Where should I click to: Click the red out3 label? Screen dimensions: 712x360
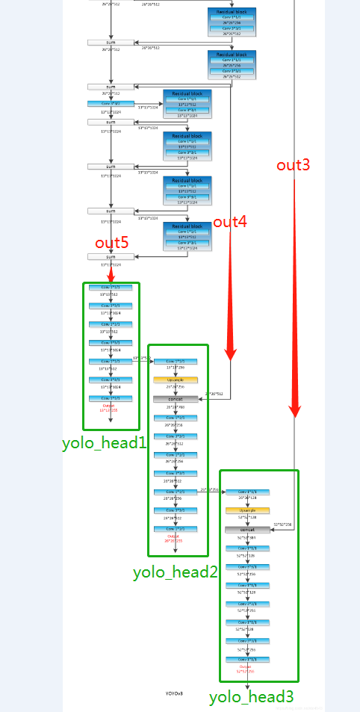(x=293, y=165)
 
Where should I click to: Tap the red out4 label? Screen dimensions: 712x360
(x=230, y=222)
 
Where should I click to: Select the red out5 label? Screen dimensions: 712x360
(x=111, y=243)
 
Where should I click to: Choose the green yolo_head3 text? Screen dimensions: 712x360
(x=251, y=697)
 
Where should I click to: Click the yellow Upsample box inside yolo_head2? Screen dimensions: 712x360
(x=176, y=380)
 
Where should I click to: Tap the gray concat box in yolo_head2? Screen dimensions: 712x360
(x=176, y=399)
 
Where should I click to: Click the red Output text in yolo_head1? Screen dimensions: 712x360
(x=110, y=407)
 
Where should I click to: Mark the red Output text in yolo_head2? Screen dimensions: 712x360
(x=174, y=537)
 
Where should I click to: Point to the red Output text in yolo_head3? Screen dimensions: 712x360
(x=246, y=668)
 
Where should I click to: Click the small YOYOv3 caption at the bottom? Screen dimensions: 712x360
(x=174, y=693)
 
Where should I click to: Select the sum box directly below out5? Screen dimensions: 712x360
(x=111, y=256)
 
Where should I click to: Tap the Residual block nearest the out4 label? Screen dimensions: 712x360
(x=187, y=236)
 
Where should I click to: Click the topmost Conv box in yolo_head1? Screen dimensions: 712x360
(x=110, y=287)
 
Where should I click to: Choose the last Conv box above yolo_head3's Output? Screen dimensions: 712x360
(x=247, y=659)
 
